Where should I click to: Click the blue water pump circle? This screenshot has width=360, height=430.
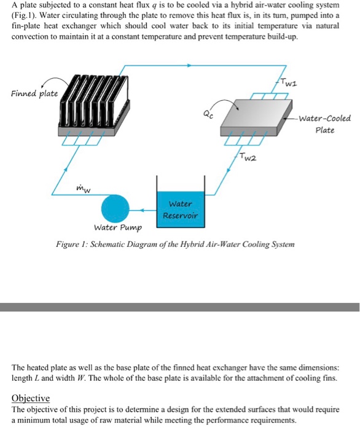[x=115, y=205]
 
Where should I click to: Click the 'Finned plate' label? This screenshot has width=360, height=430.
[x=34, y=94]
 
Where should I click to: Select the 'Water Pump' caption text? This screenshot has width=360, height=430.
[x=117, y=228]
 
